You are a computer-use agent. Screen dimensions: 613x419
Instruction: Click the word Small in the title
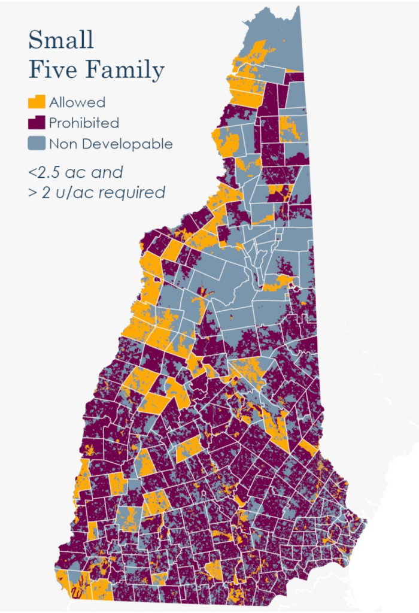pos(61,40)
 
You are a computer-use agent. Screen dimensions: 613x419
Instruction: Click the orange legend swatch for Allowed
pos(37,102)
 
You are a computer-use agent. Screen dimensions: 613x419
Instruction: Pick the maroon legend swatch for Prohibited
pos(37,123)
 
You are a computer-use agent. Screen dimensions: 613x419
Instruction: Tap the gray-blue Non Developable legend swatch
pos(37,144)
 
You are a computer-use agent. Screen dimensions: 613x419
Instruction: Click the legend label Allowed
pos(77,102)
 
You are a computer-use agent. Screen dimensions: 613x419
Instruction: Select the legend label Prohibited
pos(84,123)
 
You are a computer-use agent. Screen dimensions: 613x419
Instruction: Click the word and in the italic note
pos(108,173)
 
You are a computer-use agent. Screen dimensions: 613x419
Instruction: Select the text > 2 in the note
pos(39,193)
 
